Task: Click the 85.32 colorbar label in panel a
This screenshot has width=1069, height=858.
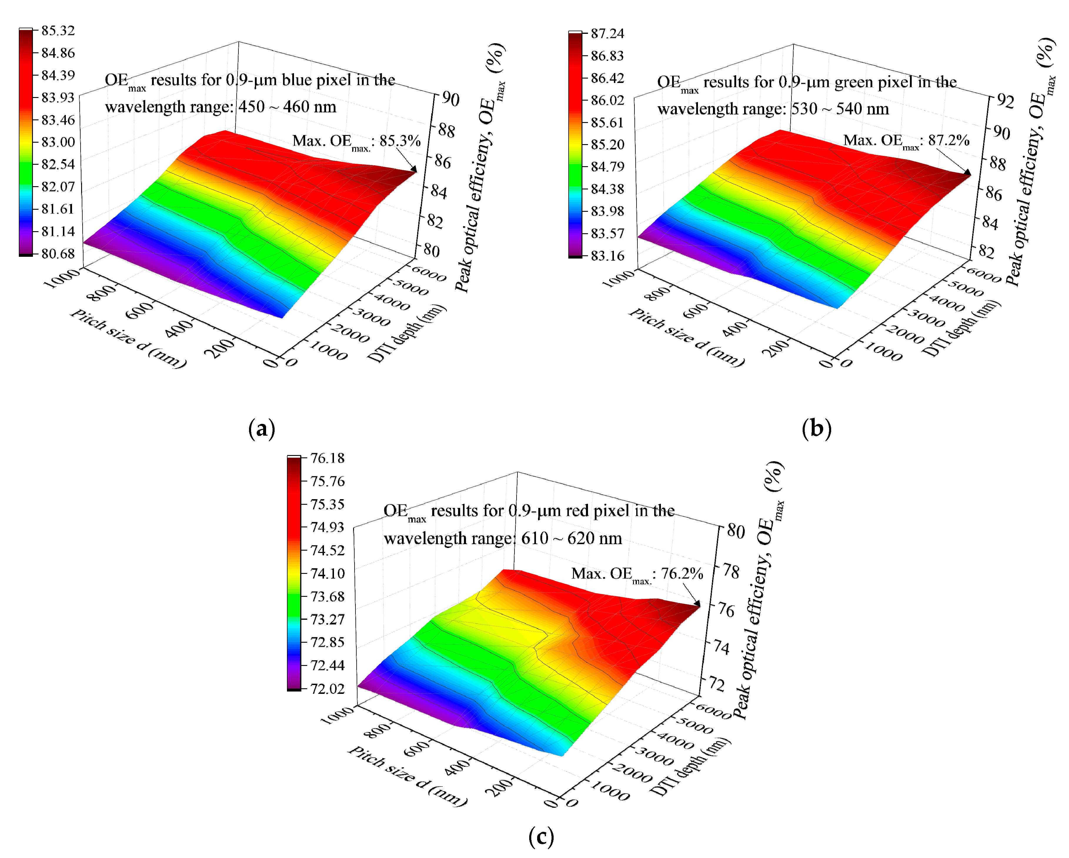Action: [x=58, y=31]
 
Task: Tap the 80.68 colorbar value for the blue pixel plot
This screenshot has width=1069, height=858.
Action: [x=58, y=254]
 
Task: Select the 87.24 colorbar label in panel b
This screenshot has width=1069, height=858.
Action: [x=607, y=34]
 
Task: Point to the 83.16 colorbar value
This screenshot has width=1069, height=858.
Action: [x=607, y=256]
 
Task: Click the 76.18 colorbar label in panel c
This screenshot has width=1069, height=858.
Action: [x=327, y=458]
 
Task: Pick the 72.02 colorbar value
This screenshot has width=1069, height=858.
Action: [x=327, y=689]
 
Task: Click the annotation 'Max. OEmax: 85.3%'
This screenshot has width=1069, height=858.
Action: [x=356, y=141]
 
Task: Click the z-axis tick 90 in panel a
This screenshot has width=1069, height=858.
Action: [x=450, y=99]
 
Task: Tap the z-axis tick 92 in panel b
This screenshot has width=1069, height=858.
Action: [x=1005, y=101]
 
